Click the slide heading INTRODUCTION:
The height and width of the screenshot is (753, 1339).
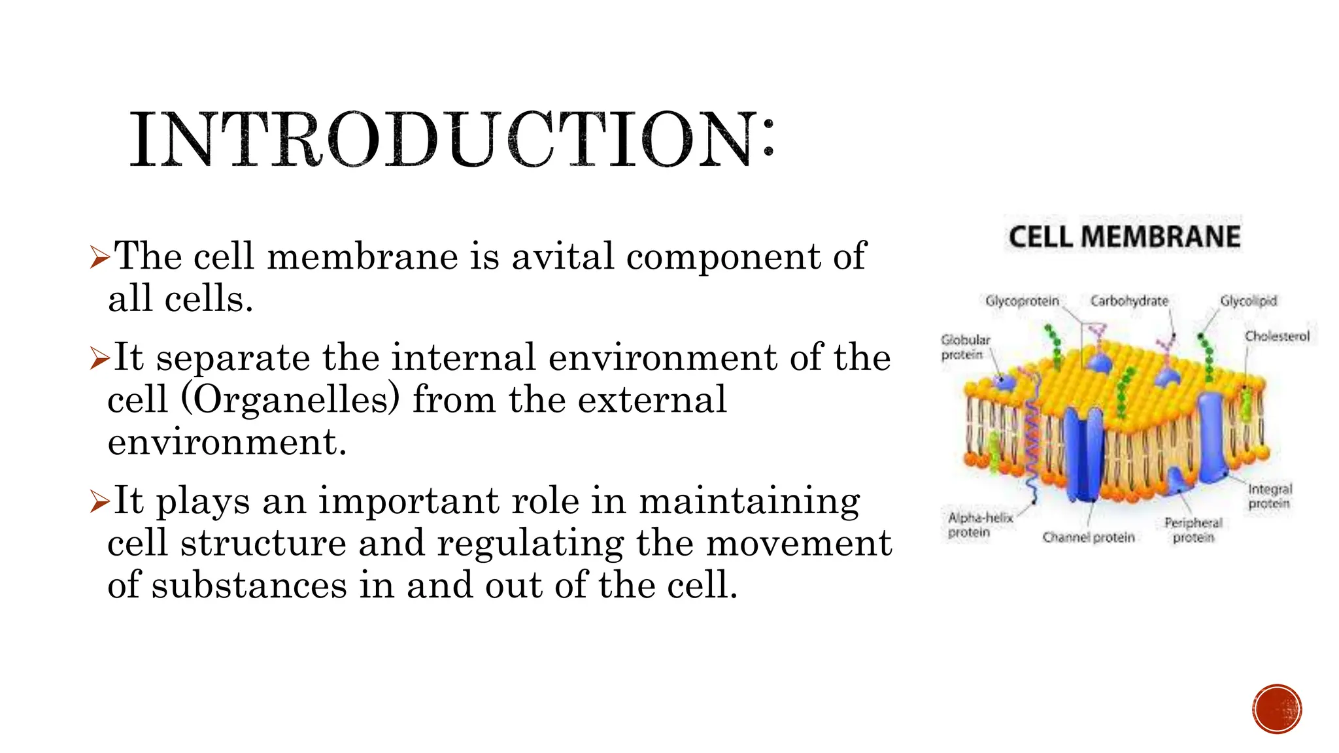point(451,139)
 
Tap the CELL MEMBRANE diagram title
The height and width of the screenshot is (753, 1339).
point(1124,237)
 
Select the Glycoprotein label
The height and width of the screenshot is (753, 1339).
point(1022,301)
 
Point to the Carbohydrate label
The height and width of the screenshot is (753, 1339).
point(1129,301)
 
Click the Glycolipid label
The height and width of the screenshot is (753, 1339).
point(1248,301)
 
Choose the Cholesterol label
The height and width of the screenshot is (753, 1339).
point(1277,336)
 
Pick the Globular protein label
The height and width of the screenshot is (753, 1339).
point(964,347)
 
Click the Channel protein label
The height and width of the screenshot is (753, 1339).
point(1089,537)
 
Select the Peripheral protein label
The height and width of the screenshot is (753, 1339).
point(1193,530)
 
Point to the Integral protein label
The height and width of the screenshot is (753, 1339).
point(1270,496)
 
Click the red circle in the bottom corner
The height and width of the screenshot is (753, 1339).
point(1277,709)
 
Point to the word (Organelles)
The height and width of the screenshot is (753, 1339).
point(290,399)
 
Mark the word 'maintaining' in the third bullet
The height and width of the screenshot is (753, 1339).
point(749,502)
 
